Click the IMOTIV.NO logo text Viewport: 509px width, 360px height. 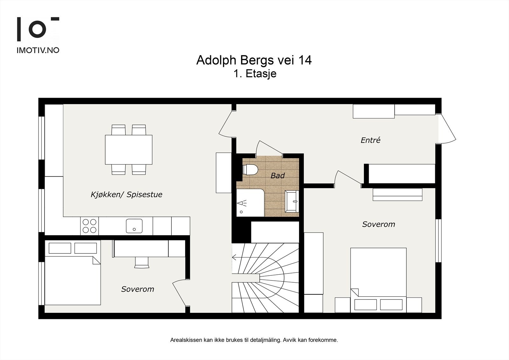click(x=38, y=50)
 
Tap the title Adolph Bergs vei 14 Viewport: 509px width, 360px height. click(x=254, y=60)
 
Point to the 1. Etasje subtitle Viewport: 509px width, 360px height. click(x=255, y=74)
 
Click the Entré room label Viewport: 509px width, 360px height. click(x=370, y=140)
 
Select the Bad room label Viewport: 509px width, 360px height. click(x=277, y=176)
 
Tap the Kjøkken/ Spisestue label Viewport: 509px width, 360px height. click(x=126, y=194)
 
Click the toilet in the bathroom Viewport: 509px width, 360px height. click(x=250, y=170)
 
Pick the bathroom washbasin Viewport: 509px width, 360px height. click(x=292, y=201)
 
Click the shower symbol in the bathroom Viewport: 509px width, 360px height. click(x=242, y=203)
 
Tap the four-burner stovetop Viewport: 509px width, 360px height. click(x=89, y=226)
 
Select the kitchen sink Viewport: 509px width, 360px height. click(x=134, y=226)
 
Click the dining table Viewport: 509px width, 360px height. click(x=129, y=150)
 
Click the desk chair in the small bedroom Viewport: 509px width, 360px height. click(x=142, y=263)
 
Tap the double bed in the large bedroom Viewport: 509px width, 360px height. click(x=378, y=280)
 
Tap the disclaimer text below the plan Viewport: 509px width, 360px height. click(x=254, y=340)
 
